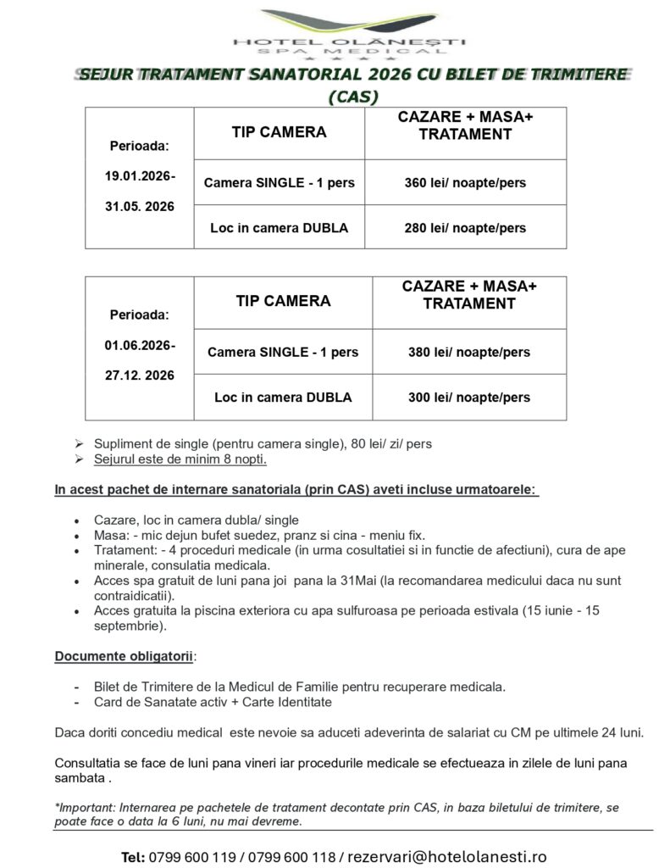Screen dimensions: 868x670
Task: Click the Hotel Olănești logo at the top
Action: pos(350,32)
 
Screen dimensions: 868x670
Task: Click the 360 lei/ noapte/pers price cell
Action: pos(465,183)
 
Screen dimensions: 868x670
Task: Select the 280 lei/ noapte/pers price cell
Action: pos(465,228)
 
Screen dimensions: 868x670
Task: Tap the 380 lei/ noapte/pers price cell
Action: pos(469,352)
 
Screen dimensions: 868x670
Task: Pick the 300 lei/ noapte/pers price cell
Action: pos(469,397)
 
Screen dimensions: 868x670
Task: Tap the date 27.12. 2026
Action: pos(140,376)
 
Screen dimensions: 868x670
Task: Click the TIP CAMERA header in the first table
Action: pos(279,132)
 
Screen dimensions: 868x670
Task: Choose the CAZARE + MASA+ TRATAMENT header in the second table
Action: pos(469,295)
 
